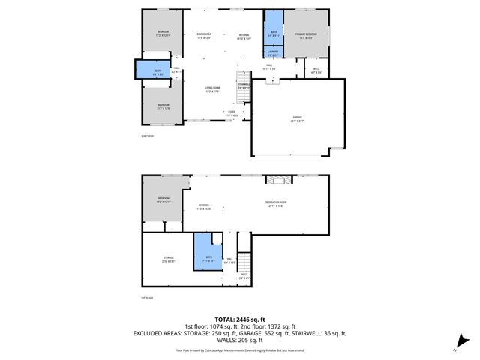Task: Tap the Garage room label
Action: click(x=297, y=118)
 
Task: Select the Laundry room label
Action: click(x=273, y=52)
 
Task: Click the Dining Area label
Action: click(x=204, y=35)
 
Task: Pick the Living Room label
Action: click(x=213, y=89)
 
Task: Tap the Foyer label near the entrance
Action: click(x=232, y=114)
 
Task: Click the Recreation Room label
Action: click(x=276, y=202)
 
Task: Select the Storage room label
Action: click(x=169, y=259)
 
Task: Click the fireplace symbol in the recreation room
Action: click(x=279, y=180)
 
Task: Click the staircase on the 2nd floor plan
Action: click(x=244, y=79)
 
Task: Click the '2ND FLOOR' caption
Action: click(x=147, y=136)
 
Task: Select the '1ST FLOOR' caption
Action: click(x=147, y=298)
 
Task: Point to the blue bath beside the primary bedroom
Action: click(x=273, y=31)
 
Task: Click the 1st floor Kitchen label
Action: click(x=204, y=207)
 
